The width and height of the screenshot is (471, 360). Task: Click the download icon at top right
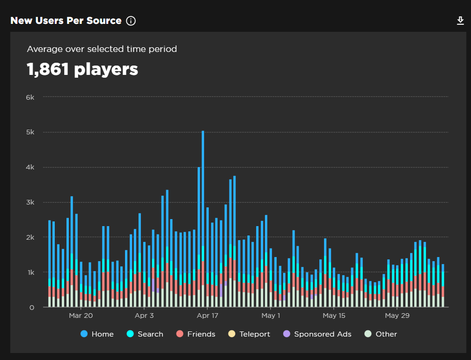460,21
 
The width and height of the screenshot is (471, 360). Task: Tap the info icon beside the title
131,21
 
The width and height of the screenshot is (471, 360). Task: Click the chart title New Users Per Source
66,21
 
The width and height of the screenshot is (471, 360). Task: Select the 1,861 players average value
82,69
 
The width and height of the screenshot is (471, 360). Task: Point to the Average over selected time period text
102,49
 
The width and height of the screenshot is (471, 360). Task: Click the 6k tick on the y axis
30,97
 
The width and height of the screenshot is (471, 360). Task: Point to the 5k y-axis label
30,132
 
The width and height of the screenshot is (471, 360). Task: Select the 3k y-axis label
30,202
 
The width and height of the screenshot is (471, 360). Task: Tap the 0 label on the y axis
32,308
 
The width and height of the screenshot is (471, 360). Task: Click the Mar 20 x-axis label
81,316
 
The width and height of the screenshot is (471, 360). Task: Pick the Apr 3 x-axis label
144,316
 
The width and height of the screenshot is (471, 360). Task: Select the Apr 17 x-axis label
207,316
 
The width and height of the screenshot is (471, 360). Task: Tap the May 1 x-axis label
271,316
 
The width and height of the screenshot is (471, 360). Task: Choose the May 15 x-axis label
334,316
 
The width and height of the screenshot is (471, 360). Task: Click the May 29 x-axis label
397,316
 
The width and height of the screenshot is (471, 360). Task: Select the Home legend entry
97,334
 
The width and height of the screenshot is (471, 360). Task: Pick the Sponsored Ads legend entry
317,334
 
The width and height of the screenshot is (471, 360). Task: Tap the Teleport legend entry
249,334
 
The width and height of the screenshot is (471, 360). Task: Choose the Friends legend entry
196,334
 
